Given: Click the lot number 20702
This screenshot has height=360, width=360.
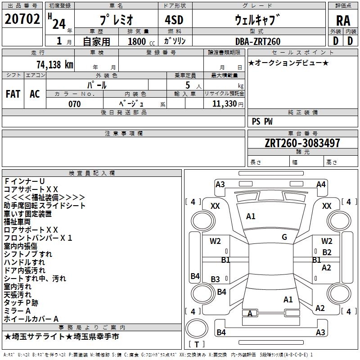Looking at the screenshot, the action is pos(22,19).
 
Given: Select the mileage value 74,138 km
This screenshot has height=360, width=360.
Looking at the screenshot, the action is pos(54,64).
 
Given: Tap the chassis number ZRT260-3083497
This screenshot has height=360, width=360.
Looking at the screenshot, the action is pos(296,143).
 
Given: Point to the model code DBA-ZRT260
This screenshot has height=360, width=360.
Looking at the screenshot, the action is pos(257,41).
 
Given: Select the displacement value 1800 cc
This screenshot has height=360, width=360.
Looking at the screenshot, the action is pos(137,41).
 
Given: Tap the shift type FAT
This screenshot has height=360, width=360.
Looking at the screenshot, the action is pos(13,94).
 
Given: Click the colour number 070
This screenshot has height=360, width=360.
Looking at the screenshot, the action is pos(75,104).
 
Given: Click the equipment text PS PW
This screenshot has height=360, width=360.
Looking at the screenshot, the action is pos(262,121).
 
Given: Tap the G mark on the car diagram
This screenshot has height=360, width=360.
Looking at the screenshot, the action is pos(284,237).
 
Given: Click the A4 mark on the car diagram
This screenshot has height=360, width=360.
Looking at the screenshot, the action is pos(321,184).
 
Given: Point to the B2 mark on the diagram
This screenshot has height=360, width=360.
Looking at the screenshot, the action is pos(327,252).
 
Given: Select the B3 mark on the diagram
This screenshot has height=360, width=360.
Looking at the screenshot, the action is pos(216,279).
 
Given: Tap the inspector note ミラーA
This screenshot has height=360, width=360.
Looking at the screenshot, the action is pos(17,311).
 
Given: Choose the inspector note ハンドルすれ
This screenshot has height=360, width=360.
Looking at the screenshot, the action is pos(24,262).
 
